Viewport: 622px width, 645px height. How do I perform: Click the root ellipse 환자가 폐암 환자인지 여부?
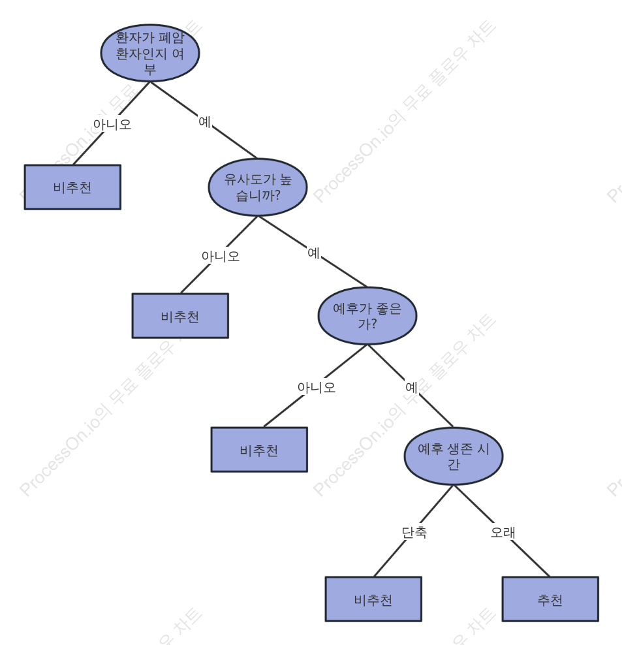[x=150, y=53]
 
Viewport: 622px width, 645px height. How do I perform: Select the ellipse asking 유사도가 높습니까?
[x=258, y=187]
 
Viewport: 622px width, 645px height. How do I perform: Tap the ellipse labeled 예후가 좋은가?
[x=367, y=316]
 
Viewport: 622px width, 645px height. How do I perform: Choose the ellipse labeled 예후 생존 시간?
[x=454, y=456]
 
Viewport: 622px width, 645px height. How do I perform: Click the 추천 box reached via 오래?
[x=550, y=599]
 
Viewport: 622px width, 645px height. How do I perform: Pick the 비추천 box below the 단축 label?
[x=373, y=599]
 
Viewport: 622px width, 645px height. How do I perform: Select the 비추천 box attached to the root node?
[x=72, y=187]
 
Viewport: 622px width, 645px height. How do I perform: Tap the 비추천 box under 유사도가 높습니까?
[x=180, y=316]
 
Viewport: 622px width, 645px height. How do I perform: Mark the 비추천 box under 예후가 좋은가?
[x=259, y=450]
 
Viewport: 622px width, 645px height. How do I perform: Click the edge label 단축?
[x=414, y=532]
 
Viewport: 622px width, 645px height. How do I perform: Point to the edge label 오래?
[x=503, y=532]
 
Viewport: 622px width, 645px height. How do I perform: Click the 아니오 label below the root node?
[x=112, y=124]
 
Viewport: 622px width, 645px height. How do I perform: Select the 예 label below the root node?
[x=205, y=122]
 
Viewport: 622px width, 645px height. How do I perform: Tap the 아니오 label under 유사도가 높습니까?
[x=221, y=257]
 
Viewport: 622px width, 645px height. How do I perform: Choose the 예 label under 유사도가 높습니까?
[x=314, y=253]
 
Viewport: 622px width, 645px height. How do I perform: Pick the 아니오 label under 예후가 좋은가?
[x=317, y=387]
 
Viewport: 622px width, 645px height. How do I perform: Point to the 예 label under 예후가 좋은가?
[x=412, y=387]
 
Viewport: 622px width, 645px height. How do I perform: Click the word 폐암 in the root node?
[x=172, y=38]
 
